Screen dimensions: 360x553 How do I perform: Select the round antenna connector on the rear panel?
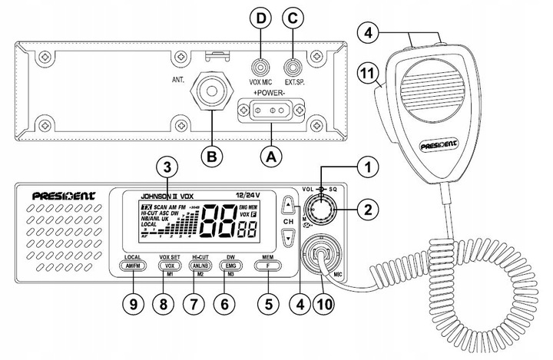pos(213,91)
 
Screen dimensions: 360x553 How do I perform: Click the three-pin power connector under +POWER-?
pos(271,111)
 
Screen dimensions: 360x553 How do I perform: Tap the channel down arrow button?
pos(288,239)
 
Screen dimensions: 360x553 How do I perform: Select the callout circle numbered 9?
pos(134,303)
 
